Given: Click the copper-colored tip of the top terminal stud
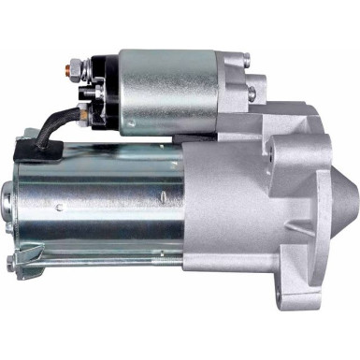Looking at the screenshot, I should [70, 66].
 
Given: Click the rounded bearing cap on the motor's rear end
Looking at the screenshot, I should [9, 201].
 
